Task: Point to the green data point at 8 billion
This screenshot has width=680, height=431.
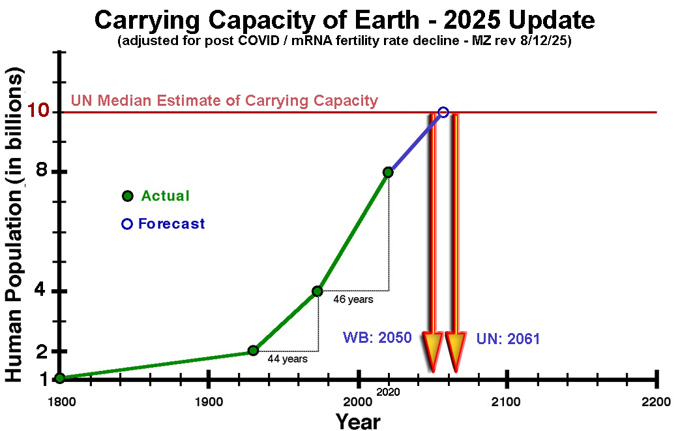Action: pyautogui.click(x=389, y=172)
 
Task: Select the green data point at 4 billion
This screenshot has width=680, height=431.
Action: pyautogui.click(x=317, y=291)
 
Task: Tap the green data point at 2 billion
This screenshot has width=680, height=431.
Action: pyautogui.click(x=253, y=351)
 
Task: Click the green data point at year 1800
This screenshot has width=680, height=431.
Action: pyautogui.click(x=59, y=377)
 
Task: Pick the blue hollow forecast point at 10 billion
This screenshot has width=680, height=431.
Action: pyautogui.click(x=443, y=112)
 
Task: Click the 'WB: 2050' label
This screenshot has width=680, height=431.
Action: pyautogui.click(x=377, y=338)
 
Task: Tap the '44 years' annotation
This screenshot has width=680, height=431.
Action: pyautogui.click(x=288, y=358)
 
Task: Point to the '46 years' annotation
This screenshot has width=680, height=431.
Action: pyautogui.click(x=353, y=299)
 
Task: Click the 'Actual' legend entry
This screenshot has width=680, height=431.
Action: pyautogui.click(x=165, y=196)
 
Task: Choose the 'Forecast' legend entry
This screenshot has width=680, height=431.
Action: pyautogui.click(x=171, y=224)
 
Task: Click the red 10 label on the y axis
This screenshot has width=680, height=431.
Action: pyautogui.click(x=40, y=112)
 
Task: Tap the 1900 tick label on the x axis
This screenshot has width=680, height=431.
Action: pyautogui.click(x=208, y=401)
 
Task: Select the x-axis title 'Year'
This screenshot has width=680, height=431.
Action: pyautogui.click(x=358, y=421)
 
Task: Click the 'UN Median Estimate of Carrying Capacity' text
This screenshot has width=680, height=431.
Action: pyautogui.click(x=224, y=101)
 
